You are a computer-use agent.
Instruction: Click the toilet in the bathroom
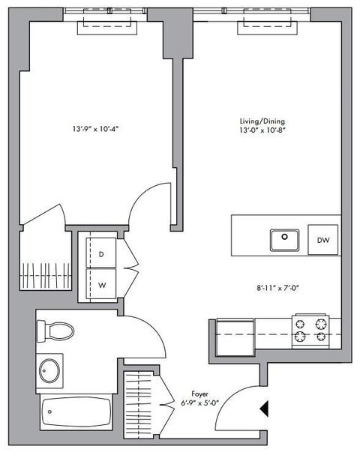coord(55,331)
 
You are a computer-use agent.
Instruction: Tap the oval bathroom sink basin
coord(49,371)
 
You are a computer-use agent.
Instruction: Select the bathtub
coord(76,412)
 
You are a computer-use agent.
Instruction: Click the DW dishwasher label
coord(323,240)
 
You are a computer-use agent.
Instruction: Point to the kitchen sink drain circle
coord(284,237)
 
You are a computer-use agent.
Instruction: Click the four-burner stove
coord(310,331)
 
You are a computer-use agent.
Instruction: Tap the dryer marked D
coord(101,253)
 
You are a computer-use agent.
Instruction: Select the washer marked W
coord(101,284)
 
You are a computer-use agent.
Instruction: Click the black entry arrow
coord(264,409)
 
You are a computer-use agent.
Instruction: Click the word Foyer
coord(199,394)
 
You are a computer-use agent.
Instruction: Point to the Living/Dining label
coord(262,121)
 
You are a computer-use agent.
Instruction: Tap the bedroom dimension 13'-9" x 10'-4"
coord(96,129)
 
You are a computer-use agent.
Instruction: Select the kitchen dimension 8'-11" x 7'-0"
coord(277,288)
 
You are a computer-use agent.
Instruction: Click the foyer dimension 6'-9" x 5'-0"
coord(199,403)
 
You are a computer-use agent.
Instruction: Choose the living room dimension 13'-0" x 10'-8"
coord(262,130)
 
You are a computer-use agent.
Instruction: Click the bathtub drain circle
coord(50,412)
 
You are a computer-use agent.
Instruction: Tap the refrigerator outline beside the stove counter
coord(235,337)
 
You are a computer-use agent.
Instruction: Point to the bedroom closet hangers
coord(46,275)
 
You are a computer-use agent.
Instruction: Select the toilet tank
coord(41,331)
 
